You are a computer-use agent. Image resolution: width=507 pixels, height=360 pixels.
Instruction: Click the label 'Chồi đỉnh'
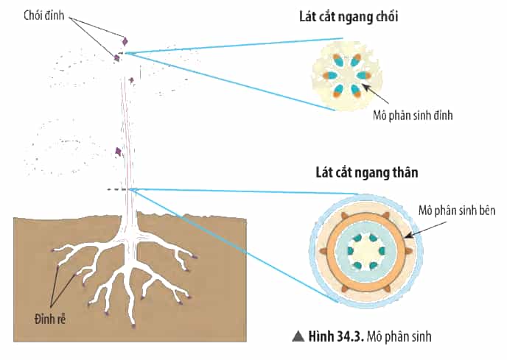click(x=44, y=15)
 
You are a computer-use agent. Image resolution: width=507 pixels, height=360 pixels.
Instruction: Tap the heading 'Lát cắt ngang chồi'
click(x=349, y=16)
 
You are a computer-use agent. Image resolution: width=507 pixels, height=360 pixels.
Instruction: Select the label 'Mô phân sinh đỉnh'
click(x=413, y=116)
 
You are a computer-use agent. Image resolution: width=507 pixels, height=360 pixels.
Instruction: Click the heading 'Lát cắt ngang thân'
click(x=367, y=172)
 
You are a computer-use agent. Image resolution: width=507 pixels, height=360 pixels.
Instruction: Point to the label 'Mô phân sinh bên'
click(x=457, y=211)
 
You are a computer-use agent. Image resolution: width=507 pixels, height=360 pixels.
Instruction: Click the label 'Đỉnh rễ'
click(x=50, y=320)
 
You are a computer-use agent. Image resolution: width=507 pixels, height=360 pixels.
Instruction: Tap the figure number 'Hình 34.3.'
click(x=336, y=336)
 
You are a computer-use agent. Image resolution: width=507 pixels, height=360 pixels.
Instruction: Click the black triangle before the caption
click(x=298, y=336)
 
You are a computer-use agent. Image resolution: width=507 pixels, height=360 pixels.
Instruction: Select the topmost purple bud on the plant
click(x=125, y=41)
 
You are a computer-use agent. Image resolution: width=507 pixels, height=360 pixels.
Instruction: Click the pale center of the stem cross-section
click(x=366, y=251)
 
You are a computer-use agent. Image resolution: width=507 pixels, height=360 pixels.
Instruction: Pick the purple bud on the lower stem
click(x=119, y=151)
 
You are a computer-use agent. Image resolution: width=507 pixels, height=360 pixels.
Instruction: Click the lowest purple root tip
click(x=133, y=326)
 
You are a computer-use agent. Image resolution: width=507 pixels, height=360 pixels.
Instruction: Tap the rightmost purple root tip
click(x=195, y=257)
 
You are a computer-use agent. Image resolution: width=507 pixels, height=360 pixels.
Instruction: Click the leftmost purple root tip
click(x=52, y=250)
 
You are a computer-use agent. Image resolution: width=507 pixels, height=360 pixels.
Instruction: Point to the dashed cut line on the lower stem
click(x=119, y=189)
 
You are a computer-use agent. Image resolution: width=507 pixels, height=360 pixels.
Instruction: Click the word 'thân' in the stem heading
click(x=405, y=172)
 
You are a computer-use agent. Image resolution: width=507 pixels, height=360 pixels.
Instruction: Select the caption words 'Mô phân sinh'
click(x=399, y=336)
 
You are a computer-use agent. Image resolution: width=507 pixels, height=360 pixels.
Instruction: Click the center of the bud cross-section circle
click(x=346, y=76)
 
